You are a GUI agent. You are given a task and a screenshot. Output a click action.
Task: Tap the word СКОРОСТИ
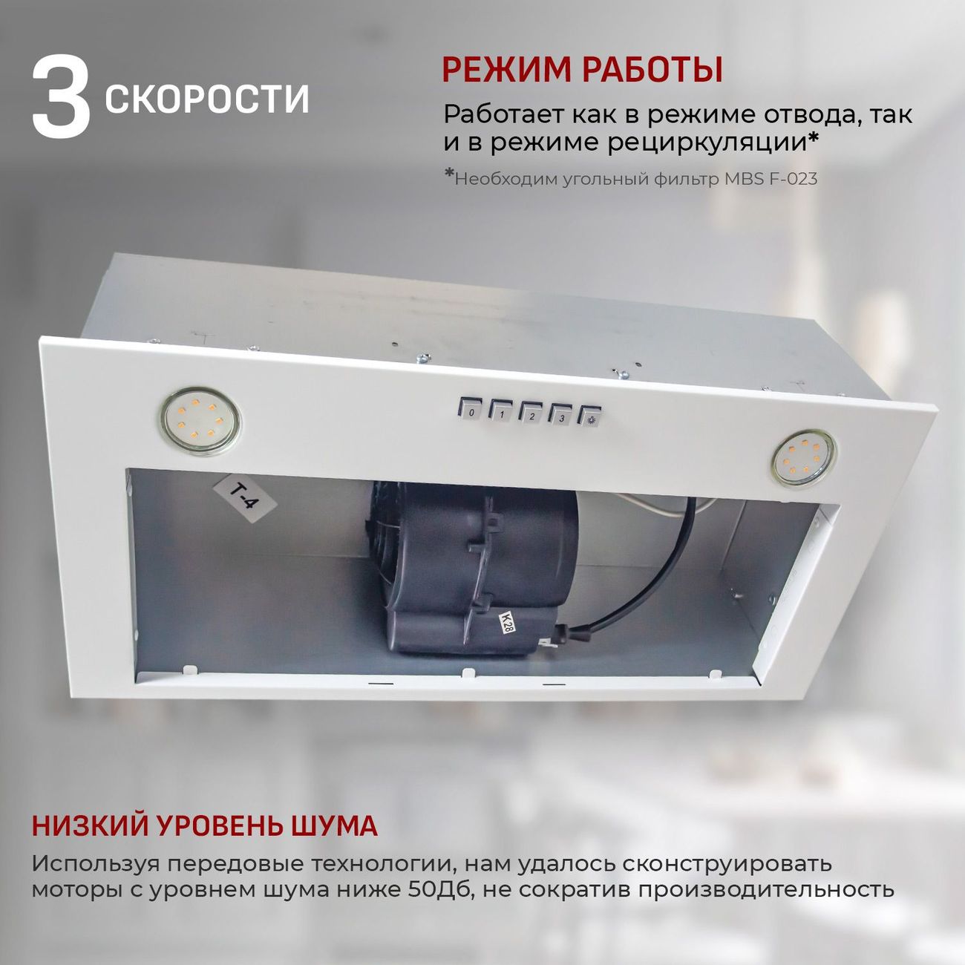pos(207,99)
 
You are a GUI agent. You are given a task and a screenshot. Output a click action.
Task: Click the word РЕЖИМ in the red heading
pos(506,70)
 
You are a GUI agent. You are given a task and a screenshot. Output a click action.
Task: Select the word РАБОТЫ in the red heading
pos(652,70)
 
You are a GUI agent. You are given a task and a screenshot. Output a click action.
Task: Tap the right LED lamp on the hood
pos(803,458)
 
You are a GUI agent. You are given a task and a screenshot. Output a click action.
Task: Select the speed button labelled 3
pos(561,416)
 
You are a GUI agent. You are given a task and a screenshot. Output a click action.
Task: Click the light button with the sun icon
pos(590,418)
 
